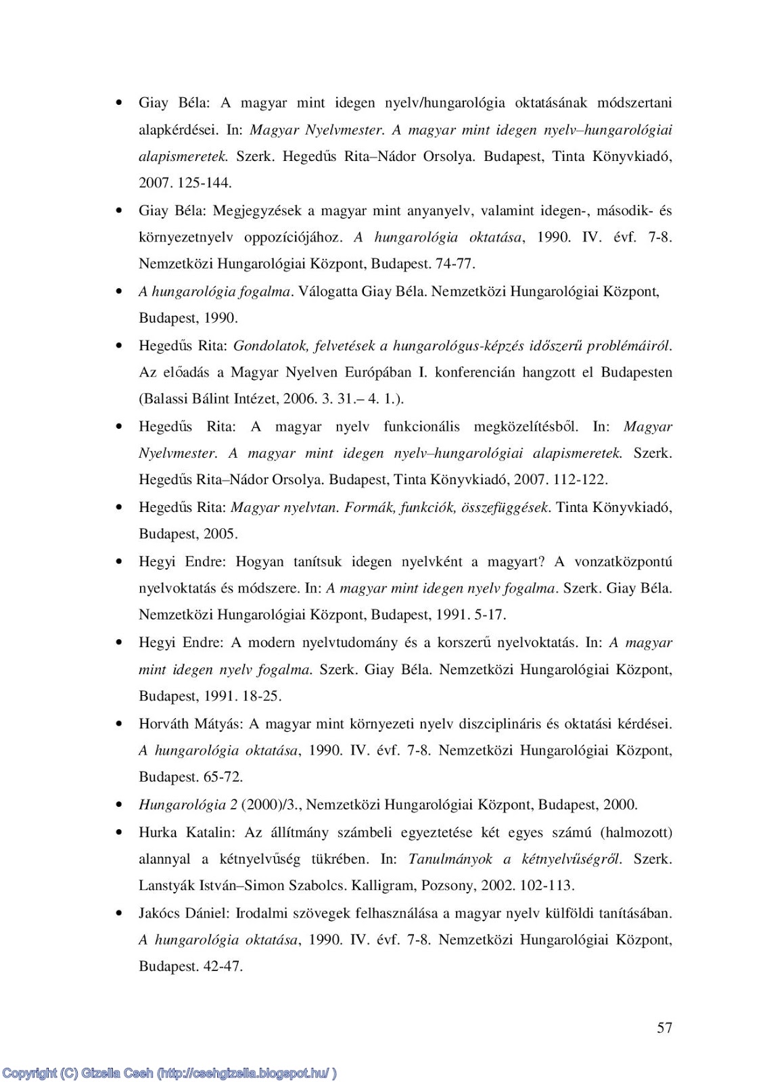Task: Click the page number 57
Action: point(664,1028)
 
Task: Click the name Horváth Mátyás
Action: point(191,724)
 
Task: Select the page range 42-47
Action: point(223,966)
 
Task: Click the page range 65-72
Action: point(223,777)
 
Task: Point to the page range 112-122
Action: point(580,480)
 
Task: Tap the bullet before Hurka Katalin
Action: point(120,832)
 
